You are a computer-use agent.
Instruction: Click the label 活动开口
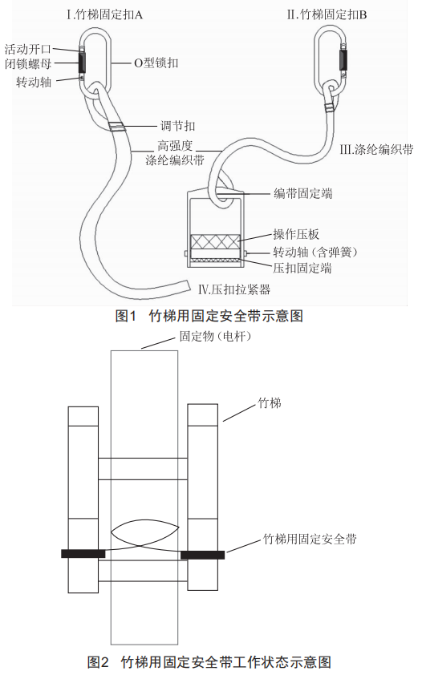[x=28, y=49]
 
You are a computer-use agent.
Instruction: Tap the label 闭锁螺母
[x=28, y=64]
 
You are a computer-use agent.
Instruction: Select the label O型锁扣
[x=156, y=63]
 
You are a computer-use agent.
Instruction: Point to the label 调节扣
[x=178, y=126]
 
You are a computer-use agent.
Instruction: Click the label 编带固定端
[x=303, y=193]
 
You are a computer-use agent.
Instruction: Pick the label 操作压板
[x=296, y=234]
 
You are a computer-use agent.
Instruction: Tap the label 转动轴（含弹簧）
[x=315, y=252]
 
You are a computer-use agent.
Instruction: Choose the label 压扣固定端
[x=302, y=268]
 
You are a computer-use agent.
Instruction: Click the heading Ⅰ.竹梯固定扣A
[x=104, y=15]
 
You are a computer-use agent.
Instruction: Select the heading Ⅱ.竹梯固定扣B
[x=327, y=15]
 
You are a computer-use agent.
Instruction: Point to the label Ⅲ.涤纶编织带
[x=376, y=149]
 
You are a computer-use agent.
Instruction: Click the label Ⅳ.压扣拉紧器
[x=234, y=289]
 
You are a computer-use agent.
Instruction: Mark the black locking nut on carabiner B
[x=343, y=60]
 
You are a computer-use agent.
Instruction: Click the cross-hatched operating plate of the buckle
[x=215, y=241]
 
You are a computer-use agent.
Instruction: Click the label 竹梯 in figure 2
[x=270, y=403]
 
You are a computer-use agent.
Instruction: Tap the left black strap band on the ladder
[x=83, y=554]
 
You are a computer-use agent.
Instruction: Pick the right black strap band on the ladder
[x=202, y=555]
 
